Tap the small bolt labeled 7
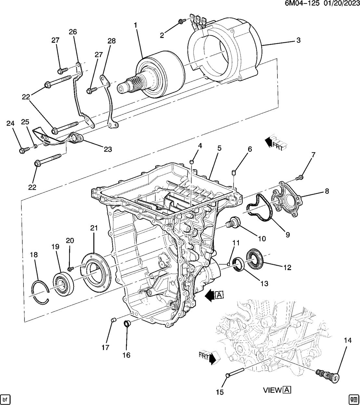(x=301, y=177)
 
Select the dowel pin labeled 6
(x=234, y=172)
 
